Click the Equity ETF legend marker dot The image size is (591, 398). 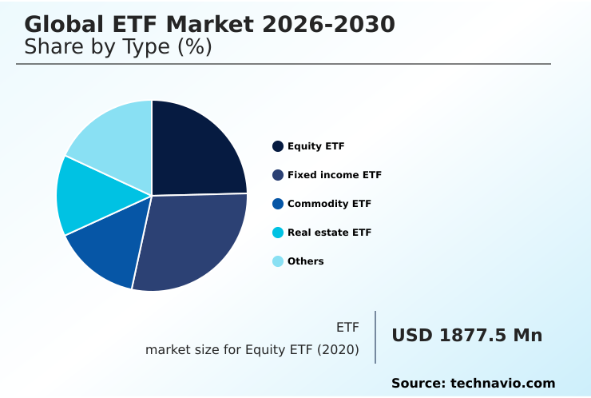click(278, 146)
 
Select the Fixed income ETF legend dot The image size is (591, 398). click(278, 175)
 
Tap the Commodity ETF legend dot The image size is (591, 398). click(278, 204)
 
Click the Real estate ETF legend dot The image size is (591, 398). click(278, 233)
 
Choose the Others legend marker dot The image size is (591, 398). click(278, 261)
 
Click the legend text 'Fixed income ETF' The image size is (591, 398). click(334, 175)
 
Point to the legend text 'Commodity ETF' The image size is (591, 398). click(329, 204)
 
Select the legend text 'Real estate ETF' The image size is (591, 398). click(329, 233)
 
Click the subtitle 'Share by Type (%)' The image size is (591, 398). click(118, 47)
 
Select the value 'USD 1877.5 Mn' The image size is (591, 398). click(466, 336)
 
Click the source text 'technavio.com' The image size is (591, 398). click(502, 384)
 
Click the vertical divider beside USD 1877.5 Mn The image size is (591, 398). click(375, 337)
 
